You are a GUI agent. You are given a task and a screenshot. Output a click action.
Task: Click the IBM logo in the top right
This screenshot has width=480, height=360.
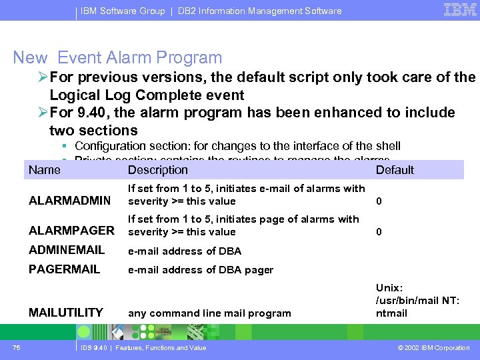pyautogui.click(x=459, y=10)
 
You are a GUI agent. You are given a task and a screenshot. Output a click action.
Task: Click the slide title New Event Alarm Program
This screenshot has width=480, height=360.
pyautogui.click(x=117, y=58)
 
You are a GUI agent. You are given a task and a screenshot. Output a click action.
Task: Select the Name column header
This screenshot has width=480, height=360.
pyautogui.click(x=45, y=169)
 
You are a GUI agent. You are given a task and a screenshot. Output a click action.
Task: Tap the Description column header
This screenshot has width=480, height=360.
pyautogui.click(x=157, y=170)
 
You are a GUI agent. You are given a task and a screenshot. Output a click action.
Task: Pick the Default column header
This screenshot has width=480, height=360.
pyautogui.click(x=395, y=170)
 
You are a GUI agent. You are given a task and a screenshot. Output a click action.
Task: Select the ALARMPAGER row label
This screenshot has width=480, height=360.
pyautogui.click(x=71, y=231)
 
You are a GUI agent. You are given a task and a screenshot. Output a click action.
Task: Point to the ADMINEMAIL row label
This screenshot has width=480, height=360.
pyautogui.click(x=67, y=250)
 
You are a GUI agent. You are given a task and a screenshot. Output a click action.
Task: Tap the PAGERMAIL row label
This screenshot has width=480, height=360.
pyautogui.click(x=64, y=269)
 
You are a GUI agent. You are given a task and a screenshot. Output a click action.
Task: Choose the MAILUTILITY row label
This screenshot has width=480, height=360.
pyautogui.click(x=66, y=312)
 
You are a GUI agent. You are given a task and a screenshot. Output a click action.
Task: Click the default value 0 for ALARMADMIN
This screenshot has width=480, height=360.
pyautogui.click(x=379, y=201)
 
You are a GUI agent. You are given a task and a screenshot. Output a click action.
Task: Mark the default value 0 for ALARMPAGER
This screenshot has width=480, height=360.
pyautogui.click(x=379, y=232)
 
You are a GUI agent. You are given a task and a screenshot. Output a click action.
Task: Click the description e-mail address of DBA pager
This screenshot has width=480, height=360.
pyautogui.click(x=201, y=270)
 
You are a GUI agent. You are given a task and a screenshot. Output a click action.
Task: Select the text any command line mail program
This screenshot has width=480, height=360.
pyautogui.click(x=209, y=313)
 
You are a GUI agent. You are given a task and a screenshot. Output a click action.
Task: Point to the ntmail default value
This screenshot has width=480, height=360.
pyautogui.click(x=391, y=313)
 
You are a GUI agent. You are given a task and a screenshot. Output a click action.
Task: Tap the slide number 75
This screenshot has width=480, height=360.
pyautogui.click(x=16, y=347)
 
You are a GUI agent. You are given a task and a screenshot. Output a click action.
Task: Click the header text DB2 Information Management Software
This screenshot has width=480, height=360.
pyautogui.click(x=259, y=11)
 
